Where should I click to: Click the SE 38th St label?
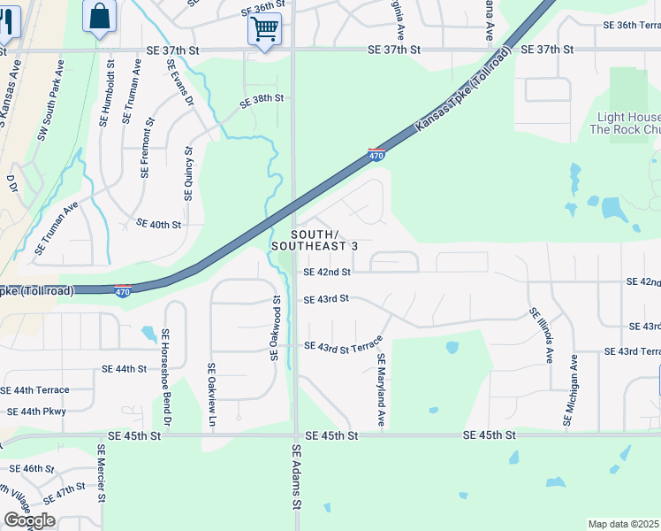[x=262, y=98]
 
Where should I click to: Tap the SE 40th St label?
[x=159, y=226]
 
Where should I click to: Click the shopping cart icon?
[x=265, y=28]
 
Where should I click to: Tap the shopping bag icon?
[x=101, y=16]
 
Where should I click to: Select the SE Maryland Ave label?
[x=382, y=390]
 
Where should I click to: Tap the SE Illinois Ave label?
[x=541, y=337]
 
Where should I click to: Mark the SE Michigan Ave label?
[x=573, y=390]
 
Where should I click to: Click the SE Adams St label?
[x=296, y=477]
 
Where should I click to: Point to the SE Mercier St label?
[x=103, y=473]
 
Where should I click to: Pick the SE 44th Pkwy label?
[x=36, y=412]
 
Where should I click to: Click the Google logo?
[x=29, y=520]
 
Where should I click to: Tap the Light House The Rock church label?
[x=626, y=123]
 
